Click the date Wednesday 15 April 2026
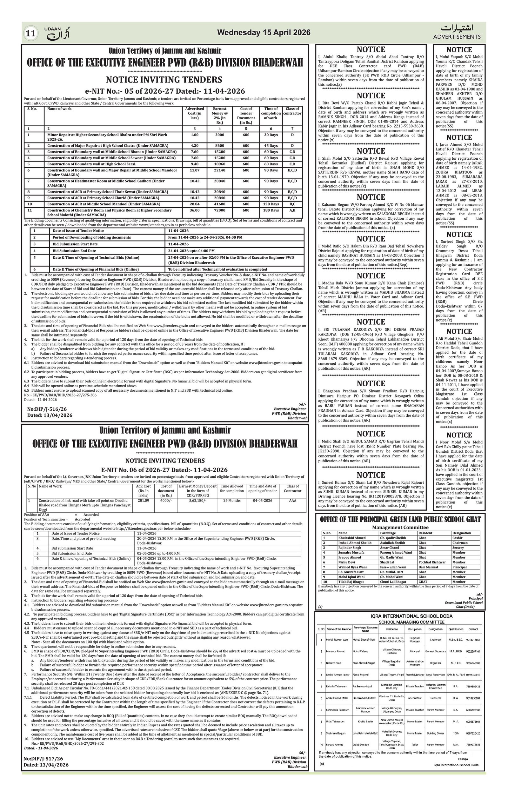(264, 32)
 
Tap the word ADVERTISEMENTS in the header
(457, 37)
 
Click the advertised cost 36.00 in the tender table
(194, 210)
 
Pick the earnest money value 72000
(219, 210)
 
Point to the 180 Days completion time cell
(271, 210)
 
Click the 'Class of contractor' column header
(292, 111)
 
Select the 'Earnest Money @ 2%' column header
(219, 115)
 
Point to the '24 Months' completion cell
(232, 500)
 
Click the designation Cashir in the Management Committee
(457, 537)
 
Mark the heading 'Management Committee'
(400, 527)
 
